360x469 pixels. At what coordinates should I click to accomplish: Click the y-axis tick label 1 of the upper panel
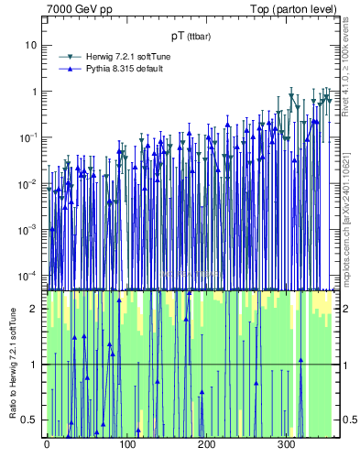[x=34, y=92]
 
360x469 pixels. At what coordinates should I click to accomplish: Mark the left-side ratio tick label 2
[x=35, y=309]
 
